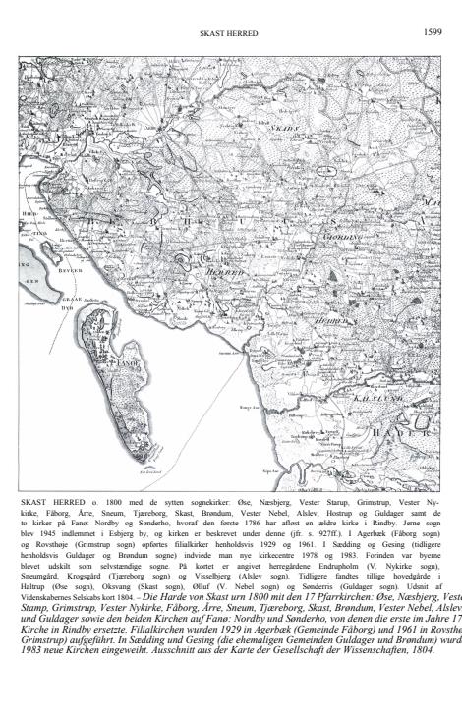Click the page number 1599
[432, 33]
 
